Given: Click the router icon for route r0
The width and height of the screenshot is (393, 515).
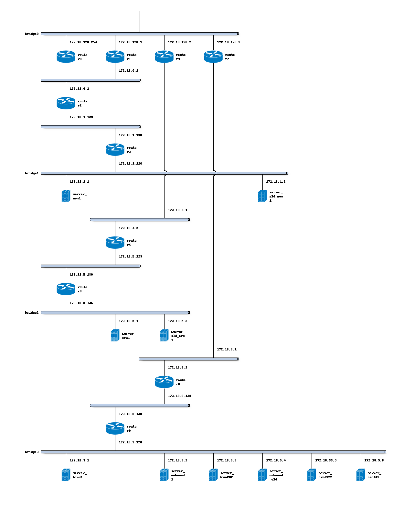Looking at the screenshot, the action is click(66, 56).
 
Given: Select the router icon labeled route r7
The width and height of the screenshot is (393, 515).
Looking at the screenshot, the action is click(213, 56).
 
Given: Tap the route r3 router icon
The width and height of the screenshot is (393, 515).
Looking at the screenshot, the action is click(115, 149).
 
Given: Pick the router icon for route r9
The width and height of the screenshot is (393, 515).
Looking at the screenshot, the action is click(115, 428).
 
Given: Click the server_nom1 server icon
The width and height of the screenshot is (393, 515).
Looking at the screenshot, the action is click(66, 196).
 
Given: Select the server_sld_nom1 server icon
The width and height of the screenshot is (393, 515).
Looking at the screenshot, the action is click(262, 196).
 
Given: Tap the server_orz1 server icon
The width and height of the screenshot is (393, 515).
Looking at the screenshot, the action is click(115, 335).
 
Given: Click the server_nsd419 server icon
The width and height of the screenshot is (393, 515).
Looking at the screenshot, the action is click(360, 474).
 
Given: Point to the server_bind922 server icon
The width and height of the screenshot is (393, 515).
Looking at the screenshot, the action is click(311, 474).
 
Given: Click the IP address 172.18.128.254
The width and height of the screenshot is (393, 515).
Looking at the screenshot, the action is click(83, 42).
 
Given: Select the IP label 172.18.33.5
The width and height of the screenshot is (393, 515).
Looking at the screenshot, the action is click(325, 460).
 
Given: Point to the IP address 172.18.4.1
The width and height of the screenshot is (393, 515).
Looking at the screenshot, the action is click(177, 210).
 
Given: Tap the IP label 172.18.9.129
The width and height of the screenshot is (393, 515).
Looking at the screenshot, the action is click(179, 396).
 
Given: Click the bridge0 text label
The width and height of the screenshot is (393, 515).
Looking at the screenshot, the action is click(32, 34).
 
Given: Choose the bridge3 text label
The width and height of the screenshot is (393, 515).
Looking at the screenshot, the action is click(32, 452).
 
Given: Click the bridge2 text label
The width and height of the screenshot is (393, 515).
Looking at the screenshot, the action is click(32, 313).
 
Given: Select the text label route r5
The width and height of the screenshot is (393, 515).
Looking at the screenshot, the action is click(132, 243).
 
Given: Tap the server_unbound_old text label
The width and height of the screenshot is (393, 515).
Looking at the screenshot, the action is click(276, 475).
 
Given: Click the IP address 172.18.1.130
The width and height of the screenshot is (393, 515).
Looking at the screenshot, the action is click(130, 135).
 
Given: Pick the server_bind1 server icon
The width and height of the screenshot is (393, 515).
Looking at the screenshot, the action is click(66, 474).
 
